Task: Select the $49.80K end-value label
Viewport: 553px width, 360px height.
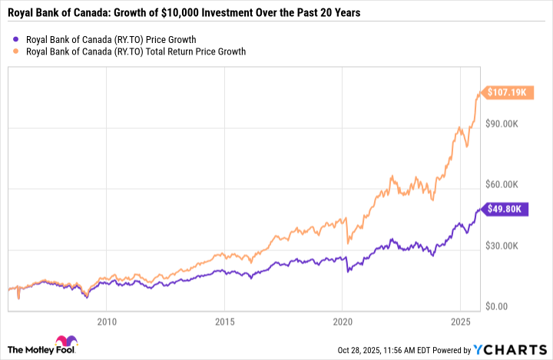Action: tap(508, 208)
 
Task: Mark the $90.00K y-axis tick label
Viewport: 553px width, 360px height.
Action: tap(505, 124)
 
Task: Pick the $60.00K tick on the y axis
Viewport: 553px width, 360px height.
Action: tap(505, 184)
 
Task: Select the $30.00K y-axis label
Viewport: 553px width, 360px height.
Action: tap(505, 245)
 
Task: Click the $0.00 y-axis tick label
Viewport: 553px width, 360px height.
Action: tap(502, 306)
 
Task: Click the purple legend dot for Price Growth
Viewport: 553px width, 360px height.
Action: tap(17, 38)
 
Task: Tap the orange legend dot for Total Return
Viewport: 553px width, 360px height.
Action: tap(17, 51)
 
